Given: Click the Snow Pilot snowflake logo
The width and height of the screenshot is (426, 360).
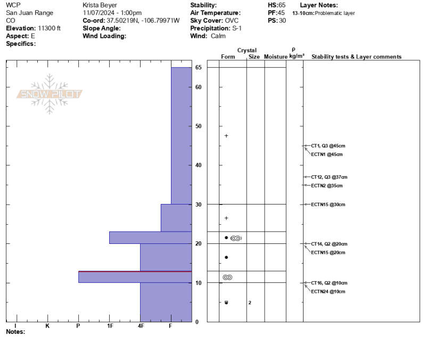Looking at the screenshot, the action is click(x=50, y=94).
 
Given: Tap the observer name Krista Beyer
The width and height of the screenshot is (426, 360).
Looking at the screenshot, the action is click(x=100, y=5).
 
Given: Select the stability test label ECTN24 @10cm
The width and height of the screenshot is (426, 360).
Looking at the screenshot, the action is click(x=328, y=291).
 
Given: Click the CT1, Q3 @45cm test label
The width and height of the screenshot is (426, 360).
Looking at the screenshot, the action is click(x=328, y=146).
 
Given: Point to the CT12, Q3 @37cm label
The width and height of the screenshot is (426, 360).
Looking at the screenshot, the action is click(x=329, y=177).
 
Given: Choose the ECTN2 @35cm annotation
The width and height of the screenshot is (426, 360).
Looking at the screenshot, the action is click(x=326, y=186).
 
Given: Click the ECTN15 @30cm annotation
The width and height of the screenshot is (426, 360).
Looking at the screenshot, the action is click(x=328, y=204).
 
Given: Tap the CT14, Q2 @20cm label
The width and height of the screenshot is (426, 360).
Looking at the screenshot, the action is click(x=329, y=244).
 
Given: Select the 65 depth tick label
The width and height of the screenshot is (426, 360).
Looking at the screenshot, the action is click(x=198, y=68).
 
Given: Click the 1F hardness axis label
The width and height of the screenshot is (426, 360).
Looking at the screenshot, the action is click(x=110, y=326).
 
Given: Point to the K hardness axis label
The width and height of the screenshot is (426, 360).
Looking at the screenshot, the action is click(x=47, y=326).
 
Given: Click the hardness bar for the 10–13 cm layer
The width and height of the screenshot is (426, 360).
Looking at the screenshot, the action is click(x=135, y=277).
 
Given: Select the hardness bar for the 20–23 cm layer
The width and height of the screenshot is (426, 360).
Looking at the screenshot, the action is click(x=151, y=238).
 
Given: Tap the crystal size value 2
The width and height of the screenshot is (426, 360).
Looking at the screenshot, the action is click(x=250, y=302).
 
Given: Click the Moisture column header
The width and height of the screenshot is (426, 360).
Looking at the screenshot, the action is click(x=275, y=57).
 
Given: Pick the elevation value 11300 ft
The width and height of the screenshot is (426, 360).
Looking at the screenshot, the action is click(x=49, y=28).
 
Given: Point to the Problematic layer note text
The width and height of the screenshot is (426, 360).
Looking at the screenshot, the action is click(x=335, y=13).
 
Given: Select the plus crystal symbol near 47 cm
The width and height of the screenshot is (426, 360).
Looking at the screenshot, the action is click(x=226, y=136).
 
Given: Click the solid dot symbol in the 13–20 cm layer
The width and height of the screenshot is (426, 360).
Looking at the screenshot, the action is click(x=226, y=257).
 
